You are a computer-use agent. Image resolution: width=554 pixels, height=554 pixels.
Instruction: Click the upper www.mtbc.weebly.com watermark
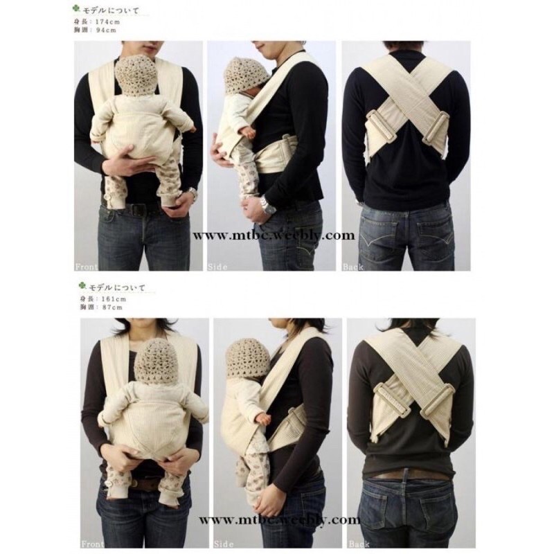tap(274, 235)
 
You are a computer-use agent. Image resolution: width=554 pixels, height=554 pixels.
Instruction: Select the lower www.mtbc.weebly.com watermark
tap(279, 519)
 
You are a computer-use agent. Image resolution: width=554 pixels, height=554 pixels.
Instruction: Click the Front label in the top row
tap(87, 265)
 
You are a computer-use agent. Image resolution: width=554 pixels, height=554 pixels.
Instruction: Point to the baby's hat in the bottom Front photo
tap(156, 360)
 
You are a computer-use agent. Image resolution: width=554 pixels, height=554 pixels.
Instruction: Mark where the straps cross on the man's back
tap(408, 97)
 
